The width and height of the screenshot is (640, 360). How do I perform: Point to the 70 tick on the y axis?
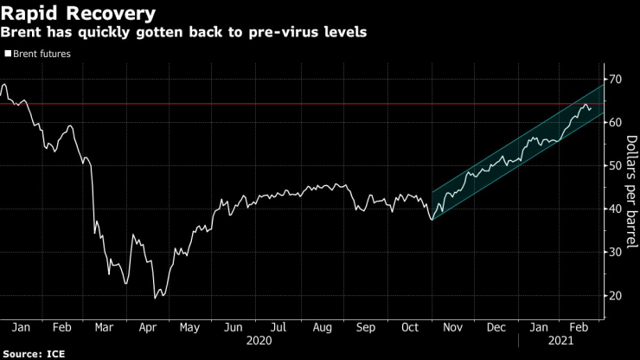tap(616, 80)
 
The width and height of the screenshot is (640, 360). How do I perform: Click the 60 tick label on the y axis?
tap(616, 123)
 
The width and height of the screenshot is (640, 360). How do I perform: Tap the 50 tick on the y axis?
tap(616, 166)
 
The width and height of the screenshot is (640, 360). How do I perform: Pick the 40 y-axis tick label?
tap(616, 209)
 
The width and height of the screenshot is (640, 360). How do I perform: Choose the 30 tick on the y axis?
tap(616, 253)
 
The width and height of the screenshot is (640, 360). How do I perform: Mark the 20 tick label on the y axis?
tap(616, 296)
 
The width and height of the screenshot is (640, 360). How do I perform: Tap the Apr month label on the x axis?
tap(147, 329)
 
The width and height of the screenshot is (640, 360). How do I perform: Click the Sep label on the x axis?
tap(365, 329)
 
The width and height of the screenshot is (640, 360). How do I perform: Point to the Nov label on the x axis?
tap(452, 329)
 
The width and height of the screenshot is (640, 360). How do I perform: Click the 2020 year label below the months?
tap(258, 342)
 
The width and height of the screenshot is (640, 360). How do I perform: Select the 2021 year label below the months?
tap(560, 342)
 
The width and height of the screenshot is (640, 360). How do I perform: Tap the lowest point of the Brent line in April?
tap(156, 299)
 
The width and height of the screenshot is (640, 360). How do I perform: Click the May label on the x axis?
tap(190, 329)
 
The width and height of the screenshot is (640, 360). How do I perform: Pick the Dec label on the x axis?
tap(496, 329)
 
